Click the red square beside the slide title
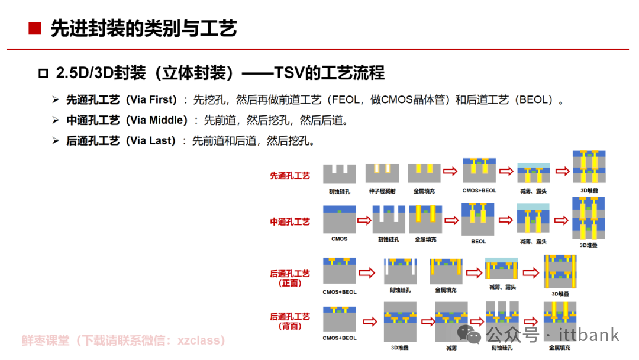pyautogui.click(x=35, y=28)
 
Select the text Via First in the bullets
pyautogui.click(x=153, y=99)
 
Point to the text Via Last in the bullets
pyautogui.click(x=152, y=141)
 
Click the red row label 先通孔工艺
pyautogui.click(x=290, y=176)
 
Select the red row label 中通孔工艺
pyautogui.click(x=290, y=222)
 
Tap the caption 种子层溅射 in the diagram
pyautogui.click(x=382, y=191)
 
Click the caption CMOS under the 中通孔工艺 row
pyautogui.click(x=339, y=239)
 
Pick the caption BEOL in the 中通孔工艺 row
pyautogui.click(x=478, y=241)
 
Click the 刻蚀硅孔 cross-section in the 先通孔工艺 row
pyautogui.click(x=340, y=173)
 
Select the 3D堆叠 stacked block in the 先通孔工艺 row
pyautogui.click(x=589, y=167)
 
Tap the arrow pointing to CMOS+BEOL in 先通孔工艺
pyautogui.click(x=450, y=172)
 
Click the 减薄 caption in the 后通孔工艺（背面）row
pyautogui.click(x=451, y=348)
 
